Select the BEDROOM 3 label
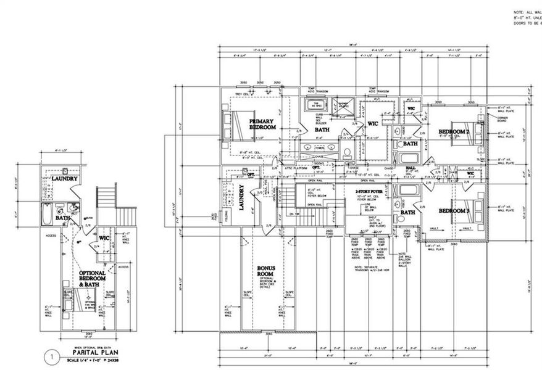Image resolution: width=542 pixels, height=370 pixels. pos(454,211)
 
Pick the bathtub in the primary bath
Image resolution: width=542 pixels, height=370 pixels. pos(315,104)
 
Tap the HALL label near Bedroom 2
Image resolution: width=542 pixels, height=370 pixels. pos(411,168)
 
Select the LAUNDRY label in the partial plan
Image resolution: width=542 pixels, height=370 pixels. pos(64,179)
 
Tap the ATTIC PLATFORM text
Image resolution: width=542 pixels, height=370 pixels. pos(302,166)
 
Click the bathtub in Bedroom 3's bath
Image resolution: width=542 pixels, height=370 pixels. pos(407,191)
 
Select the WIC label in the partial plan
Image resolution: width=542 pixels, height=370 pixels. pos(104,237)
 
